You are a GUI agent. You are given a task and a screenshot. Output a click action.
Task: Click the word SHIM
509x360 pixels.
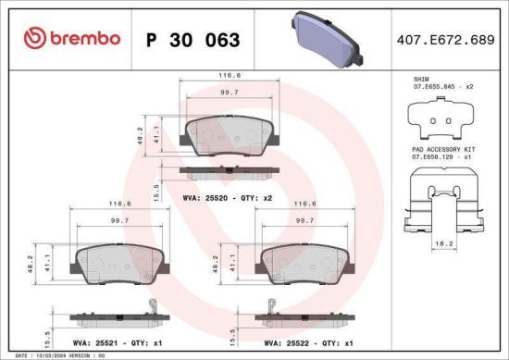click(422, 81)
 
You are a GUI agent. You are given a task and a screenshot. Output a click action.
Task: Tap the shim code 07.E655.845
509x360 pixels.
click(439, 87)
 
